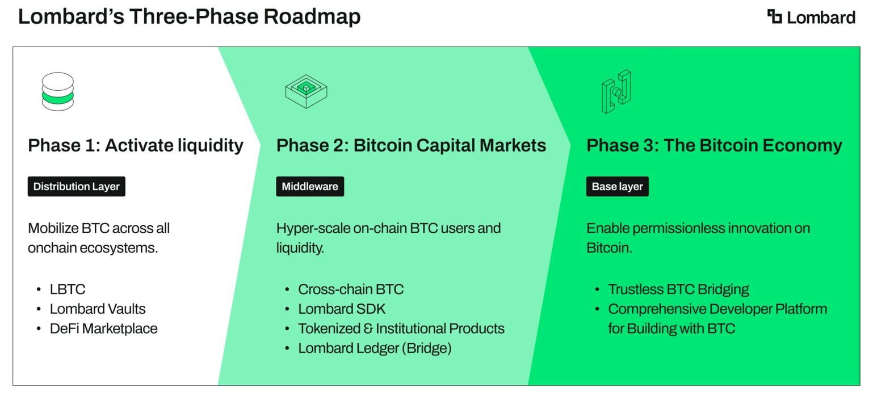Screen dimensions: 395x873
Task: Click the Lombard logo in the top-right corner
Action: click(811, 17)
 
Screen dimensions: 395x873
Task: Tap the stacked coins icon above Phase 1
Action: click(57, 91)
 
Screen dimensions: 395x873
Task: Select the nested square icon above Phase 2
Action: click(306, 91)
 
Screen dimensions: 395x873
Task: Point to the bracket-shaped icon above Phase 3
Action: click(616, 91)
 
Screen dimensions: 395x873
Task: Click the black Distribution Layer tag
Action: click(76, 187)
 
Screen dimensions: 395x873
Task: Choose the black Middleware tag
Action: click(310, 187)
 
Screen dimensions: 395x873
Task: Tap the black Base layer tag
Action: click(617, 187)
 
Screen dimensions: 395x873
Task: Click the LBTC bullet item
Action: click(67, 289)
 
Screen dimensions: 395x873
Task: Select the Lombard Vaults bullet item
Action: click(97, 309)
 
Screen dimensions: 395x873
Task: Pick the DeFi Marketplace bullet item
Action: click(103, 329)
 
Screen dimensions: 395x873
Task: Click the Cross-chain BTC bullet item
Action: click(350, 289)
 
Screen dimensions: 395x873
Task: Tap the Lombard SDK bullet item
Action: click(342, 309)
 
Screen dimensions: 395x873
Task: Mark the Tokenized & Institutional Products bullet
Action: click(401, 329)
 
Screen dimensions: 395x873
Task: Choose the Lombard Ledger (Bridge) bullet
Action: click(375, 348)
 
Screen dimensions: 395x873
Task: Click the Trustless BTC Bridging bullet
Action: click(678, 289)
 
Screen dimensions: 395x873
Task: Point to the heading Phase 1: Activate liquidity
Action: click(136, 146)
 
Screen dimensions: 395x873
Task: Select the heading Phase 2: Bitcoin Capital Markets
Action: click(411, 146)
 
